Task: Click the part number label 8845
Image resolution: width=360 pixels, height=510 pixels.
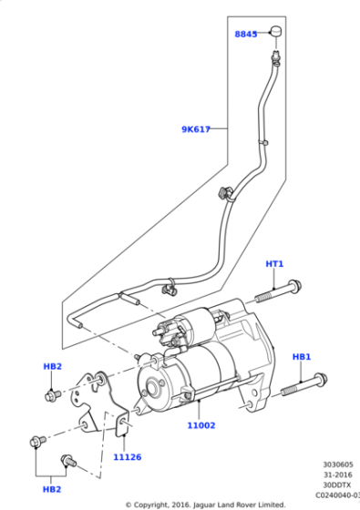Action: coord(246,35)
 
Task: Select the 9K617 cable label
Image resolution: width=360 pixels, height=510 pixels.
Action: coord(195,129)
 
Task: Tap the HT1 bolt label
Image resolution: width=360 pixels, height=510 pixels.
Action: coord(274,264)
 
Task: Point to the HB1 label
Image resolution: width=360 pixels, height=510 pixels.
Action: coord(302,357)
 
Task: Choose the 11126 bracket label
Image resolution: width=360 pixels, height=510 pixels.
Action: coord(129,456)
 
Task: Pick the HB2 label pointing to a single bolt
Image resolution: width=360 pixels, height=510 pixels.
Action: coord(53,366)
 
